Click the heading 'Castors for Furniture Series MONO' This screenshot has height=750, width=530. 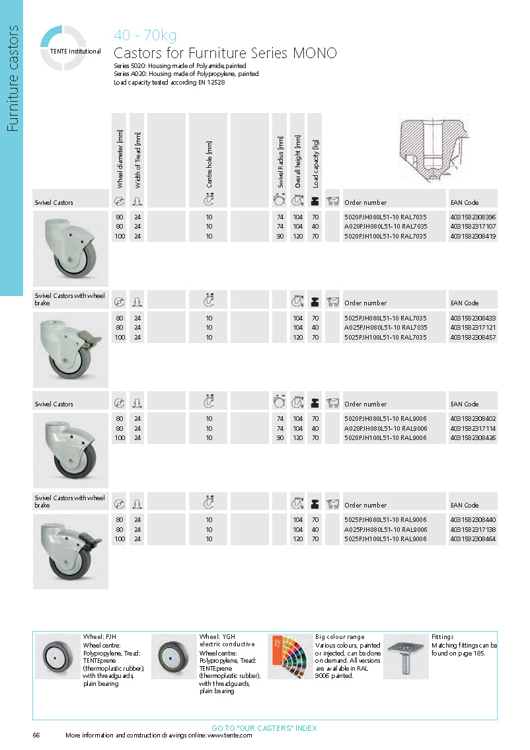[x=225, y=54]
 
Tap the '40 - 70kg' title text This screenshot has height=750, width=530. [x=145, y=36]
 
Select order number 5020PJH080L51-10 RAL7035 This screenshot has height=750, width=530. [x=386, y=217]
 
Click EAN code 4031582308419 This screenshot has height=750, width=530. [x=473, y=236]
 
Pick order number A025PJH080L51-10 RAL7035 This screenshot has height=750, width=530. [x=386, y=327]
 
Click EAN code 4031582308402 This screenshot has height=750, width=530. [x=473, y=418]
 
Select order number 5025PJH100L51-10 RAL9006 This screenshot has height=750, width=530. [x=386, y=539]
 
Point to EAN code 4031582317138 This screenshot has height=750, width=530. [x=473, y=529]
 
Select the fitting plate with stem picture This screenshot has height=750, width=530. [x=406, y=656]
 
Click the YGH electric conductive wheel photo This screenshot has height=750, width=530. [x=174, y=656]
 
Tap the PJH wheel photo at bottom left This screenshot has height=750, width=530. [x=57, y=656]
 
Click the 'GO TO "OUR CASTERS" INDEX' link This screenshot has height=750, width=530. [x=264, y=728]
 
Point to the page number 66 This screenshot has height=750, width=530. [x=36, y=735]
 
